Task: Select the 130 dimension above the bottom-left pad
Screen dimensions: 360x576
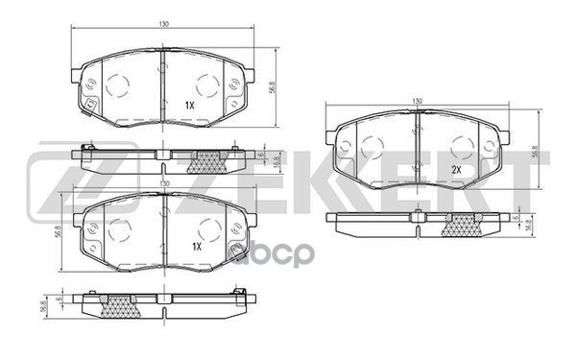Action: point(164,181)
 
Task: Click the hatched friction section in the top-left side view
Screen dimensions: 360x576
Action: point(209,157)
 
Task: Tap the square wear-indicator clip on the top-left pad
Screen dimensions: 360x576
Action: point(90,104)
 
